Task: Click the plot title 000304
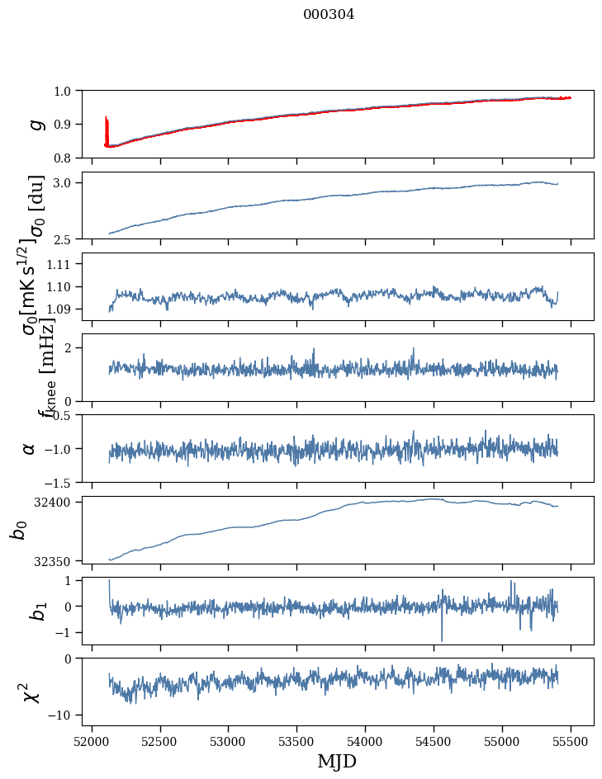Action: click(329, 15)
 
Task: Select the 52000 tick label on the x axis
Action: click(92, 742)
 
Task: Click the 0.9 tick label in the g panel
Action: click(64, 124)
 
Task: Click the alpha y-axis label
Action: click(29, 448)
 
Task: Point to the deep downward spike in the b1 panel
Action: click(442, 639)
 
